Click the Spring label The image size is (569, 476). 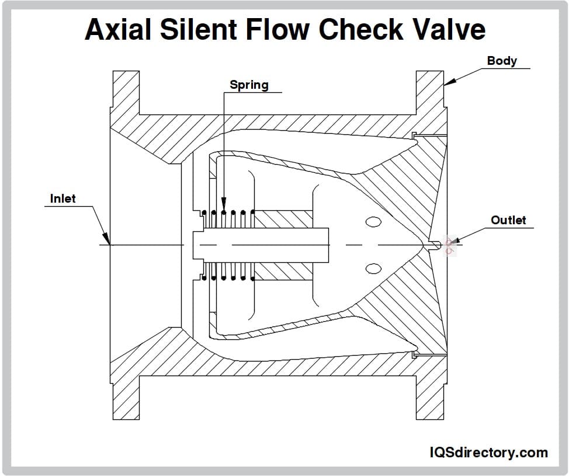click(249, 85)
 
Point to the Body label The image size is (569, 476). click(502, 61)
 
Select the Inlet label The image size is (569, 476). click(63, 199)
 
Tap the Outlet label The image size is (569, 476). click(508, 220)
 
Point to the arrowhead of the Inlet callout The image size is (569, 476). click(107, 241)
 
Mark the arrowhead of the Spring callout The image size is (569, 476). click(224, 207)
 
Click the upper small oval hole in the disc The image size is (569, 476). click(373, 222)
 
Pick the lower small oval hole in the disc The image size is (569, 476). click(373, 268)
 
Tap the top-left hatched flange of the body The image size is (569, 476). click(126, 93)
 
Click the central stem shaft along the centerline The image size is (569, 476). click(263, 244)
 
